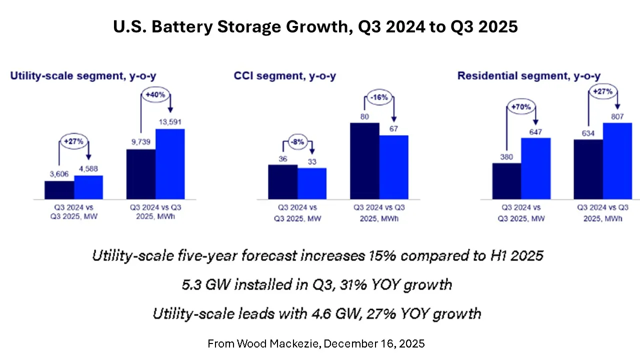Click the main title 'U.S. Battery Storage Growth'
click(x=315, y=27)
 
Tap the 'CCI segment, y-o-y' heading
click(x=284, y=76)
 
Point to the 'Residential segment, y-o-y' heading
click(x=529, y=76)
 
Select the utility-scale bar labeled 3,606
click(x=59, y=190)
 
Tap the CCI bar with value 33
click(x=312, y=183)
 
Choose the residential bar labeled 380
click(x=506, y=181)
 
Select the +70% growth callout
click(x=521, y=106)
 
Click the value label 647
click(x=536, y=131)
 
